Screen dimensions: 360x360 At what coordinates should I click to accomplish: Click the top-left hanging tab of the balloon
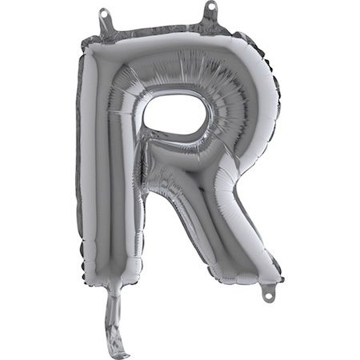pos(105,21)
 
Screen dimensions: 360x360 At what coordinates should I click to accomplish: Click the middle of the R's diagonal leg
pos(212,216)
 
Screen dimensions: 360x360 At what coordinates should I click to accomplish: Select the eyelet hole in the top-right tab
pos(211,8)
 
